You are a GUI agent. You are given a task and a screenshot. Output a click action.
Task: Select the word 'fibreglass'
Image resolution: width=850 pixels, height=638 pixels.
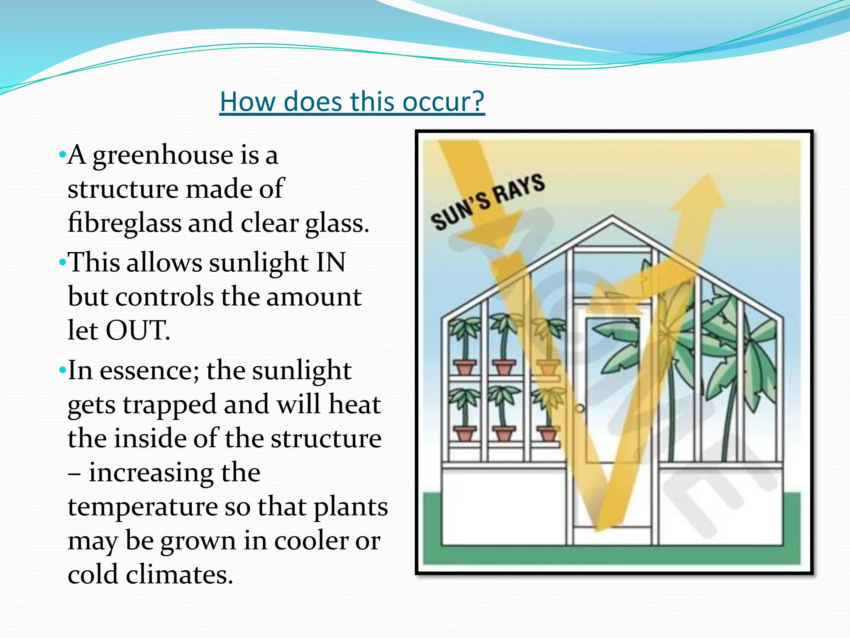124,223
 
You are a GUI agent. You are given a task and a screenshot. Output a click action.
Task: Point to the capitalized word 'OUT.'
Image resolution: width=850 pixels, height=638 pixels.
138,331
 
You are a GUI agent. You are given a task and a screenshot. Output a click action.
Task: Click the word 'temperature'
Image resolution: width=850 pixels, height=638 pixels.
143,507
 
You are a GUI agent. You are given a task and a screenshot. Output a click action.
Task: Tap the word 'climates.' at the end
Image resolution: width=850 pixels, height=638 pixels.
179,575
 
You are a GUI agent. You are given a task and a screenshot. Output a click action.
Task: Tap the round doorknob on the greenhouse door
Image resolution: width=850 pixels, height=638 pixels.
580,409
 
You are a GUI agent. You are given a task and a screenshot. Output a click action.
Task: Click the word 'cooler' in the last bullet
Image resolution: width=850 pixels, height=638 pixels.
311,541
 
